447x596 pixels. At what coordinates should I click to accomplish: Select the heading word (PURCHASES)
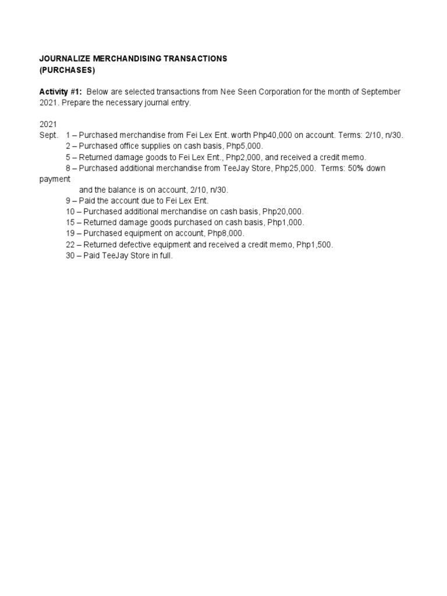tap(66, 70)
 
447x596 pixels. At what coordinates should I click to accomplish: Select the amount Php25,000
tap(295, 168)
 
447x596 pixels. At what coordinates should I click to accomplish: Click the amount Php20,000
tap(285, 211)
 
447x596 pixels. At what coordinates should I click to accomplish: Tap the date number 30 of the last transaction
tap(70, 256)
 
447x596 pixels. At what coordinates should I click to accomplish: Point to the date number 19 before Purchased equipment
tap(70, 233)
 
